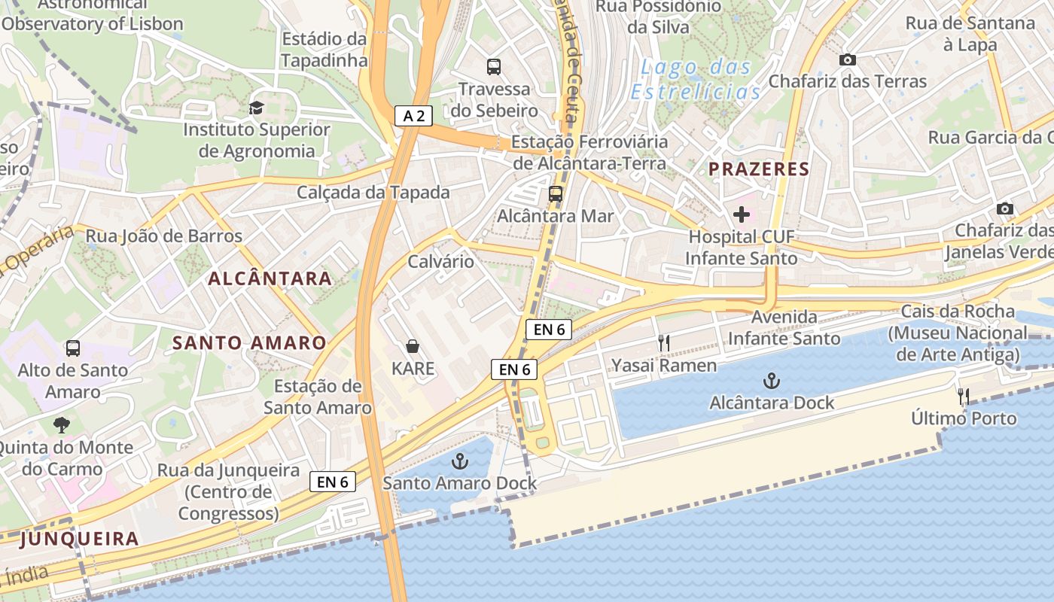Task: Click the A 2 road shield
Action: pyautogui.click(x=414, y=115)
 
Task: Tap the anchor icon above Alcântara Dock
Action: pyautogui.click(x=772, y=380)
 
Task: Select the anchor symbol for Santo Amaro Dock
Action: pyautogui.click(x=459, y=461)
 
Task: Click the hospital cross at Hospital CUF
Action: pyautogui.click(x=742, y=214)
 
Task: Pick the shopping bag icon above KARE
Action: pyautogui.click(x=413, y=346)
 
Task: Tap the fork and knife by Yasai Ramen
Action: pyautogui.click(x=663, y=343)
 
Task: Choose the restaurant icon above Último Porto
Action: pyautogui.click(x=963, y=396)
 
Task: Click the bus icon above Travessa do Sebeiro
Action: pyautogui.click(x=494, y=67)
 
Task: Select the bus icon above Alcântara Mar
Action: pyautogui.click(x=556, y=193)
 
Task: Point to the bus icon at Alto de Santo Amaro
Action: pyautogui.click(x=73, y=348)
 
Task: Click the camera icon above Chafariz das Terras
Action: pyautogui.click(x=848, y=59)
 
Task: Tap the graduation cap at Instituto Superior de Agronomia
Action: pyautogui.click(x=257, y=108)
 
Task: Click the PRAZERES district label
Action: pyautogui.click(x=758, y=169)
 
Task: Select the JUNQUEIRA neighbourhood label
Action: pyautogui.click(x=79, y=539)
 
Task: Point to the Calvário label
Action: pyautogui.click(x=440, y=262)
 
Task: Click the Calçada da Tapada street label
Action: pyautogui.click(x=373, y=193)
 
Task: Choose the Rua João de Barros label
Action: pyautogui.click(x=164, y=236)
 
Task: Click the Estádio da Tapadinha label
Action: pyautogui.click(x=324, y=49)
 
